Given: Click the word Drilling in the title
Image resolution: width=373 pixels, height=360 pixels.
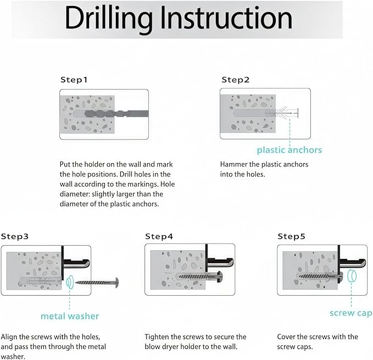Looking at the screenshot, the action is [x=108, y=19].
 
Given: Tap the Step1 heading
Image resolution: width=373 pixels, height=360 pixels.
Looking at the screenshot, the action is [x=74, y=80].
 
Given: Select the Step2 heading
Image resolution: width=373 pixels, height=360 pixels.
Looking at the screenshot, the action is [x=236, y=80].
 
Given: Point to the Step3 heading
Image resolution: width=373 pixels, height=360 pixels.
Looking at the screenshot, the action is [x=15, y=236].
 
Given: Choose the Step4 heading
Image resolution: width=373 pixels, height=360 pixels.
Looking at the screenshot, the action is [x=159, y=236].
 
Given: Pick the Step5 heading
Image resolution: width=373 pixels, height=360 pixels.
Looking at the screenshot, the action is [x=291, y=236].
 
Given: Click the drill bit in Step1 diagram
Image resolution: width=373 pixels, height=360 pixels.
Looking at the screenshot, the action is [x=116, y=114].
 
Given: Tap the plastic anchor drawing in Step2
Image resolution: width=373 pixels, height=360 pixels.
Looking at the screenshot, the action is [x=281, y=113].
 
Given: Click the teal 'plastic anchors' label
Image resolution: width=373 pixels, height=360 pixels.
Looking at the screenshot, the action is [x=290, y=150].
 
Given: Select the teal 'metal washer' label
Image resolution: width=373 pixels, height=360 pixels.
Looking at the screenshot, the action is [x=70, y=316].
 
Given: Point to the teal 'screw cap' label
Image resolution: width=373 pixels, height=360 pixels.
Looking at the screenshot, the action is [x=350, y=313].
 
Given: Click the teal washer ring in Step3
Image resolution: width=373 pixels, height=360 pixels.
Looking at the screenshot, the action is [x=70, y=283].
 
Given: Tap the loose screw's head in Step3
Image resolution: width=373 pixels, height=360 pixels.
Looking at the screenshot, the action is [x=116, y=283].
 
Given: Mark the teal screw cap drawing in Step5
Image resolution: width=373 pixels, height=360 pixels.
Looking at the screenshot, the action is [x=352, y=276].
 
